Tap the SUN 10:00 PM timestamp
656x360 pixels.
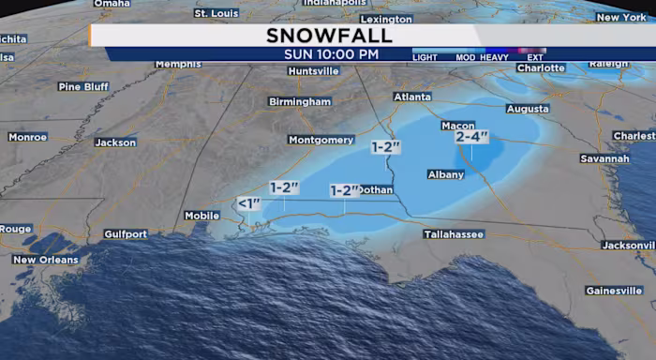pyautogui.click(x=332, y=54)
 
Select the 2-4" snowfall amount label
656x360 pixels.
pyautogui.click(x=472, y=136)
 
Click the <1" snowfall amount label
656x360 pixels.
pyautogui.click(x=248, y=202)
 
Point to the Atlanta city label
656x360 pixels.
pyautogui.click(x=412, y=97)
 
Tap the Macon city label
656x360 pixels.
pyautogui.click(x=457, y=125)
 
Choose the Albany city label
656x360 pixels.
pyautogui.click(x=445, y=174)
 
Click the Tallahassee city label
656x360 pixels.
pyautogui.click(x=454, y=234)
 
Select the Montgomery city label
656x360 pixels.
pyautogui.click(x=321, y=140)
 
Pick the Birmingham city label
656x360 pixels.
pyautogui.click(x=300, y=101)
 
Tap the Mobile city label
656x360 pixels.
pyautogui.click(x=201, y=216)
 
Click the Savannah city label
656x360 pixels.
pyautogui.click(x=604, y=158)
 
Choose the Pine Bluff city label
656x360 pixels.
pyautogui.click(x=83, y=86)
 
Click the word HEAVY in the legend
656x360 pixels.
pyautogui.click(x=494, y=57)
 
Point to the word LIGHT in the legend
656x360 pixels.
pyautogui.click(x=425, y=57)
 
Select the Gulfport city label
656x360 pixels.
pyautogui.click(x=126, y=233)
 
